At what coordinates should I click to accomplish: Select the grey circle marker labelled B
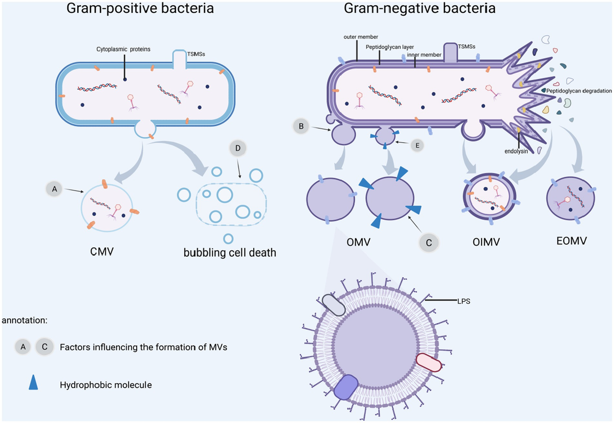pyautogui.click(x=301, y=125)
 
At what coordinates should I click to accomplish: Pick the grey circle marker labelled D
pyautogui.click(x=238, y=149)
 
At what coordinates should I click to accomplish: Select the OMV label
pyautogui.click(x=358, y=241)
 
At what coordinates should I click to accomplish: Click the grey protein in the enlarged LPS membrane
pyautogui.click(x=334, y=305)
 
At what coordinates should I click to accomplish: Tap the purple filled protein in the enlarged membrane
pyautogui.click(x=346, y=387)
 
